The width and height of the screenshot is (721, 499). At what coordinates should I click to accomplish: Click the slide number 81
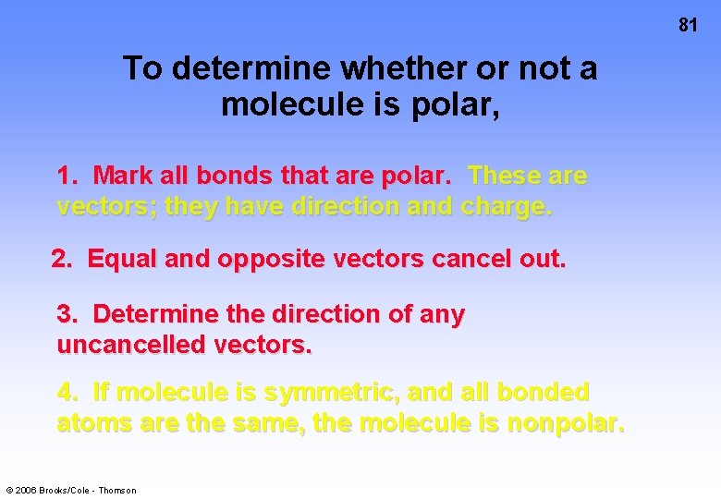tap(687, 25)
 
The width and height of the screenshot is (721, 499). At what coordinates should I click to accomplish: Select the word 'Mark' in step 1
tap(124, 176)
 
